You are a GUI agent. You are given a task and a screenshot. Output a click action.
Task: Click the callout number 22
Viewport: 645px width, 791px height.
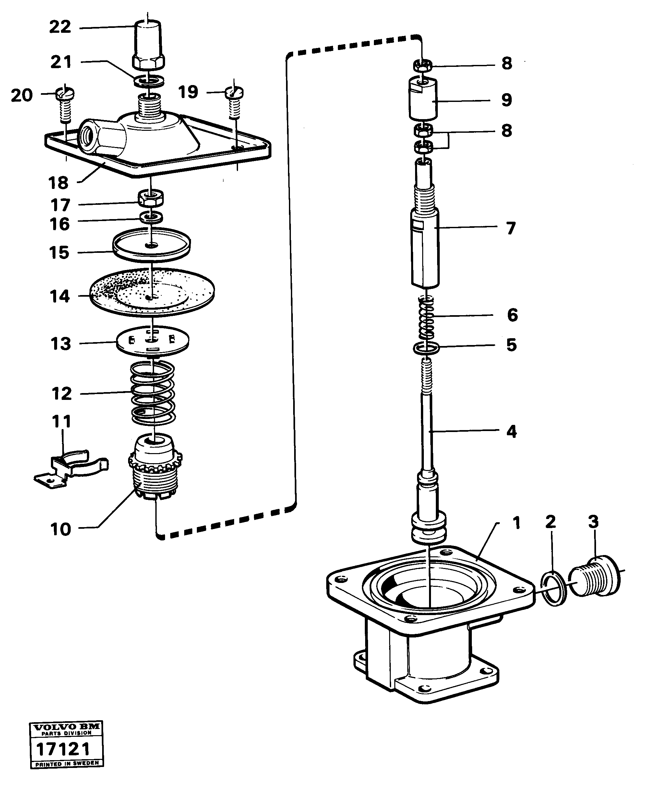60,27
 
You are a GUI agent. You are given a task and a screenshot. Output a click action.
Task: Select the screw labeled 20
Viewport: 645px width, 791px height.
65,104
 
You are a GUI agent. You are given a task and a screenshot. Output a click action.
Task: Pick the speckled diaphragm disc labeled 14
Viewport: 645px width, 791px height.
152,292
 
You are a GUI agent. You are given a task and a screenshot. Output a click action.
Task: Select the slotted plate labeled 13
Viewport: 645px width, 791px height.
152,340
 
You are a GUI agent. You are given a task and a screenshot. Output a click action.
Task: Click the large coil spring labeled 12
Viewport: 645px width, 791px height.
153,393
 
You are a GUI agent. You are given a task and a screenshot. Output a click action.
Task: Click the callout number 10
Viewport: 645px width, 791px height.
61,529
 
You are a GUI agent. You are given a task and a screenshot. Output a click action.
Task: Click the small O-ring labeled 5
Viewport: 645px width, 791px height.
426,349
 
